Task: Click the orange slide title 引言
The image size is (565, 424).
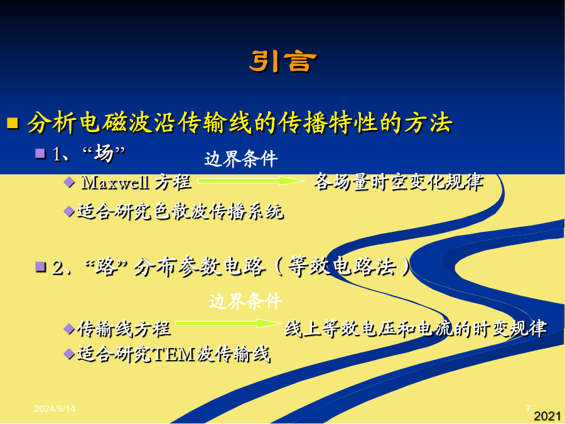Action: (282, 62)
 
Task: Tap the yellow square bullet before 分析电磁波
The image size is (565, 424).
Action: (13, 123)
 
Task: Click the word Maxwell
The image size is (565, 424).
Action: (116, 182)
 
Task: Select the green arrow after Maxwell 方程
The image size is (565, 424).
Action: (251, 181)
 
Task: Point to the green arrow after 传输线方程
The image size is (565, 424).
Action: (229, 323)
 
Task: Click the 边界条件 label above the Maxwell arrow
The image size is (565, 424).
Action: (241, 159)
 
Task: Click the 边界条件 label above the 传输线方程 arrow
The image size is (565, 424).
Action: (245, 301)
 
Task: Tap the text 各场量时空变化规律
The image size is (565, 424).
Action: (398, 182)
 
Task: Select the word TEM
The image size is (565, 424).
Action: (174, 354)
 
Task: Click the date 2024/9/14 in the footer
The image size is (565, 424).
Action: (55, 408)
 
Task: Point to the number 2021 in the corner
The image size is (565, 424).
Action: (547, 416)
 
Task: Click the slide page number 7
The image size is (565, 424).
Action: (528, 408)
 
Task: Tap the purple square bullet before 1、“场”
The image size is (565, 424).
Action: (40, 154)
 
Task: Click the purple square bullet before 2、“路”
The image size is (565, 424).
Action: (40, 267)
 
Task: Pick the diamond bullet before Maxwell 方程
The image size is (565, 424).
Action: (69, 182)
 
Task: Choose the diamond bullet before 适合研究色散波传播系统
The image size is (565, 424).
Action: (69, 211)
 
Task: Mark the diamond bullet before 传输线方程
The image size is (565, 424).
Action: (69, 329)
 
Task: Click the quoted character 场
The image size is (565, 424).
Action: (104, 154)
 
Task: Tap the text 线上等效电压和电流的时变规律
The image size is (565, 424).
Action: (416, 329)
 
